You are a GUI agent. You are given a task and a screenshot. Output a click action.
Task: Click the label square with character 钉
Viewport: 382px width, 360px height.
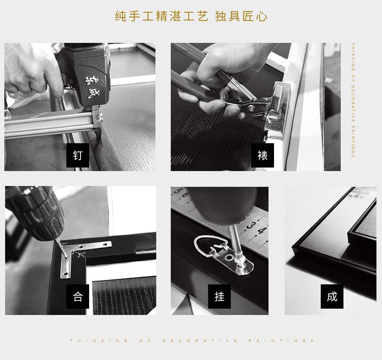pos(78,155)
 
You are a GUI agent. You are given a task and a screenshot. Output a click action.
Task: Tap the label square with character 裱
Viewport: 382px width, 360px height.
pos(262,155)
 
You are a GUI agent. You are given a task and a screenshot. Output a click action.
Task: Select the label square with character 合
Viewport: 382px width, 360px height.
pos(78,296)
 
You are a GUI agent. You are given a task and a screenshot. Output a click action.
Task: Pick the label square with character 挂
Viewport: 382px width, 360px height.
pos(220,296)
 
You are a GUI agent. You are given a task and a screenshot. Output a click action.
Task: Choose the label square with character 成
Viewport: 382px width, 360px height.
pos(332,296)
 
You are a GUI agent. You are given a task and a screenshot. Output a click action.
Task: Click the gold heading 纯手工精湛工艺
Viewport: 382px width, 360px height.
pos(161,16)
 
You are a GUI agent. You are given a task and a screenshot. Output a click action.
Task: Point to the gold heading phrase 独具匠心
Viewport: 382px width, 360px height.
pos(241,16)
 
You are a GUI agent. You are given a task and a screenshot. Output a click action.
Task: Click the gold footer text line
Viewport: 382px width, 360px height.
pos(192,341)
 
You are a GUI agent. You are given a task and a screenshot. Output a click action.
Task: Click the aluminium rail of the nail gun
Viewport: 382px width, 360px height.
pos(46,125)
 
